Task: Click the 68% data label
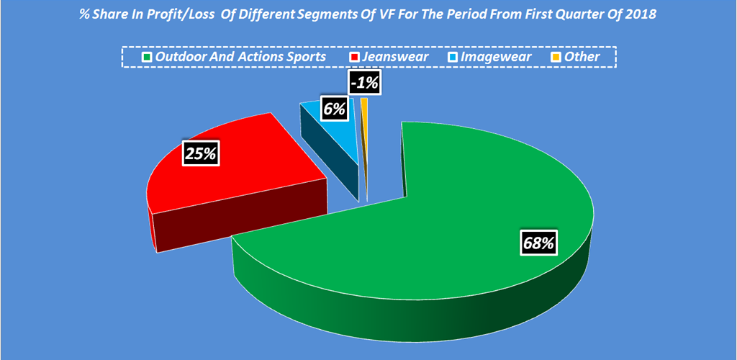(x=538, y=243)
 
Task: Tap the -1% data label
(x=363, y=83)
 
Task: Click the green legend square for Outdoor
(x=148, y=57)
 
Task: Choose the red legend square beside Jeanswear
(x=354, y=57)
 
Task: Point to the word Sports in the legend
(x=306, y=57)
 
